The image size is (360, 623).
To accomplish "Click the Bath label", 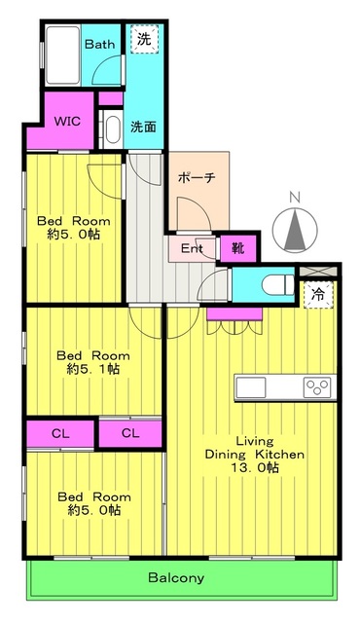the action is click(99, 44).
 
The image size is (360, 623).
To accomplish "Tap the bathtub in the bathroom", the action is click(62, 55).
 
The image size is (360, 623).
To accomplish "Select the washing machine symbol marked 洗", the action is click(144, 39).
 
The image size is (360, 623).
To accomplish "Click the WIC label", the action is click(67, 121).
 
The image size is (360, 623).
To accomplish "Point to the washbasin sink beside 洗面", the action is click(113, 128).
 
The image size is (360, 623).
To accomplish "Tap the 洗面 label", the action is click(143, 127).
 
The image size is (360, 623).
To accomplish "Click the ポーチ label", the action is click(197, 177).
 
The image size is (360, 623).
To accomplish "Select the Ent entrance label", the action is click(192, 249).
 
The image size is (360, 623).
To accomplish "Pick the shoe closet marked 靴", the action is click(238, 249).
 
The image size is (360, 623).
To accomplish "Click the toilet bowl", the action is click(277, 284).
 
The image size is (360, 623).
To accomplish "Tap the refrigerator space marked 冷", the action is click(318, 294).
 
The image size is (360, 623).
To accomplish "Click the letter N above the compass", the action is click(294, 197).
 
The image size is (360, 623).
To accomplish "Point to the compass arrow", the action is click(295, 229).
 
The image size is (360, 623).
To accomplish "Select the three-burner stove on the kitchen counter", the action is click(317, 387).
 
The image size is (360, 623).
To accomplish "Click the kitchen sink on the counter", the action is click(250, 387).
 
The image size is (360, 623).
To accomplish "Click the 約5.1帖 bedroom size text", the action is click(93, 369).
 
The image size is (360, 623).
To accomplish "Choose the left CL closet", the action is click(60, 433).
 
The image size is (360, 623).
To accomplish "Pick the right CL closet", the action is click(130, 433).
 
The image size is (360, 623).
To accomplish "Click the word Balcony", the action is click(176, 577).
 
